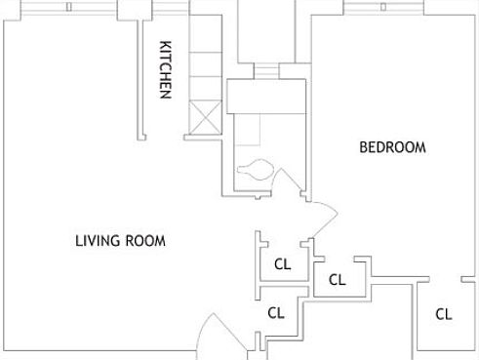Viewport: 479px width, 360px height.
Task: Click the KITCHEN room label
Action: pos(166,69)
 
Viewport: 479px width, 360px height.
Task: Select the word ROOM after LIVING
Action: pos(144,241)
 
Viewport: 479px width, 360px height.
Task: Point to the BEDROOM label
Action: pos(393,147)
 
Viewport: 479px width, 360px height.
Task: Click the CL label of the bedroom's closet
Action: pos(444,314)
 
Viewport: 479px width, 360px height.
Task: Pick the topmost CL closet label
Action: pos(283,262)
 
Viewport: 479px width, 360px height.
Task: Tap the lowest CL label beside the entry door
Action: pos(276,313)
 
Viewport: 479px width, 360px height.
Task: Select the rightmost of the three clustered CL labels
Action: pos(338,280)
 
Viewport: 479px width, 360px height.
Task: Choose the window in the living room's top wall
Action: pos(68,7)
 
